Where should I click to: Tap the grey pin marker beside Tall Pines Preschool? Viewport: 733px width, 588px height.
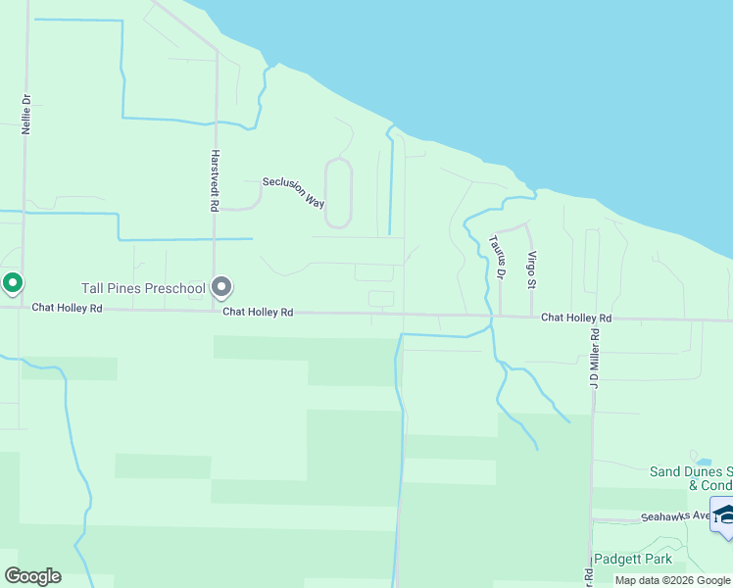(221, 286)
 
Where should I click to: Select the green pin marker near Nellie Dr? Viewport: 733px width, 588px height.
(13, 283)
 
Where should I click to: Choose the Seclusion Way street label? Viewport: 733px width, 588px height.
(293, 192)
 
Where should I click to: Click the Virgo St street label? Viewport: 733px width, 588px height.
(532, 269)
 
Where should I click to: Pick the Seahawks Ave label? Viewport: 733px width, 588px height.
(674, 516)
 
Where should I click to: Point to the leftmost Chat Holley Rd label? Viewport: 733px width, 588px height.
(67, 307)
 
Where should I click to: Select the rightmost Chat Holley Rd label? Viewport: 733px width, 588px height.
(576, 318)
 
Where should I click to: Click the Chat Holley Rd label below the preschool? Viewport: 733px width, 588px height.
(258, 312)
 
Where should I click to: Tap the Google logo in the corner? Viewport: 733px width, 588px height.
(32, 576)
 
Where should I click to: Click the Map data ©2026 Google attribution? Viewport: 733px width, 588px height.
(673, 580)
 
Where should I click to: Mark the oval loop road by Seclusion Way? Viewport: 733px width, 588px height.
(337, 193)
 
